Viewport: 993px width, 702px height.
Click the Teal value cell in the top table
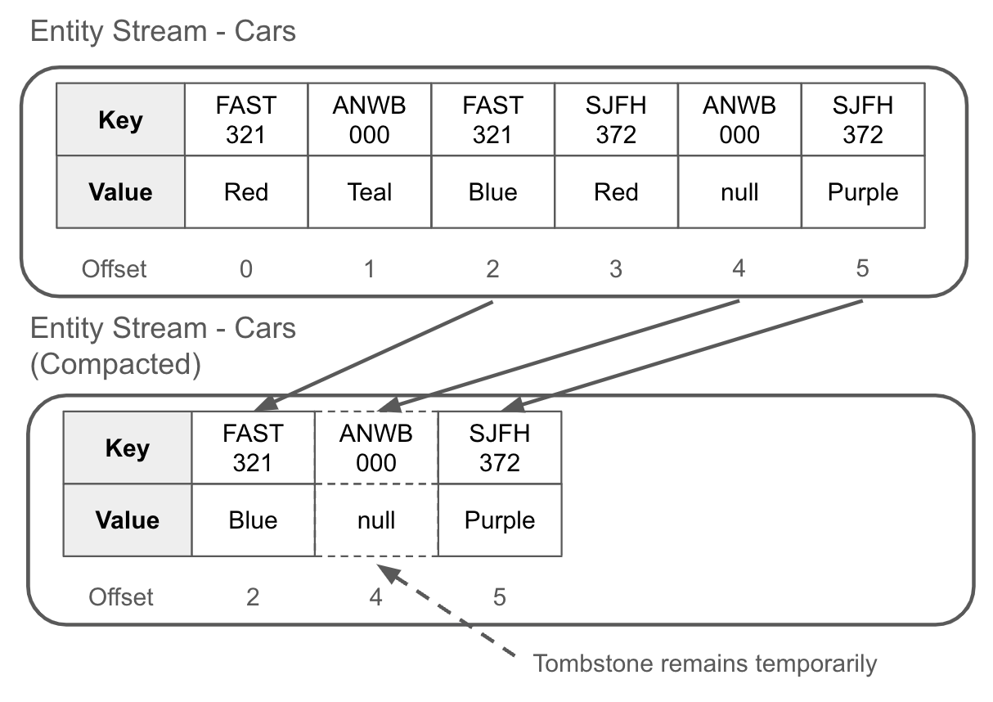pyautogui.click(x=370, y=192)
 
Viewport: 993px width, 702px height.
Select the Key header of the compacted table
pyautogui.click(x=128, y=448)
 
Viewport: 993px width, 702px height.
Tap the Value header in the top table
pyautogui.click(x=120, y=192)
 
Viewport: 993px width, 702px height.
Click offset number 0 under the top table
pyautogui.click(x=246, y=268)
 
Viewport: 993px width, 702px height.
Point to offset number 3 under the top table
pyautogui.click(x=616, y=268)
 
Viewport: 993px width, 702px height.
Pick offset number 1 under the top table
pyautogui.click(x=370, y=268)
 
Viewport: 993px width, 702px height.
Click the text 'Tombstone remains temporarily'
pyautogui.click(x=704, y=663)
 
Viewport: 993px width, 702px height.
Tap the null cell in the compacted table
pyautogui.click(x=376, y=520)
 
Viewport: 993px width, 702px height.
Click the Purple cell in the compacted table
pyautogui.click(x=500, y=520)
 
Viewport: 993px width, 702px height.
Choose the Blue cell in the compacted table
pyautogui.click(x=253, y=520)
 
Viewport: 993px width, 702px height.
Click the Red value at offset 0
pyautogui.click(x=246, y=192)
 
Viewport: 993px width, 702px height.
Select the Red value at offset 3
pyautogui.click(x=616, y=192)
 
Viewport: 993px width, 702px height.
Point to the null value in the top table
pyautogui.click(x=739, y=192)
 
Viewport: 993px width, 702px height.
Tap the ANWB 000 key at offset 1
pyautogui.click(x=370, y=120)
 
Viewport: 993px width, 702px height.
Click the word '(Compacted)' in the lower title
pyautogui.click(x=115, y=364)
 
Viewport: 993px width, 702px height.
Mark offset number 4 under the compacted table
pyautogui.click(x=375, y=597)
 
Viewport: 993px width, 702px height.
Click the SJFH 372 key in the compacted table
pyautogui.click(x=500, y=448)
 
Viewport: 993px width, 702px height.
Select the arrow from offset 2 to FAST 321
pyautogui.click(x=376, y=355)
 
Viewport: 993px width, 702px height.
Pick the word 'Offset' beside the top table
pyautogui.click(x=114, y=268)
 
